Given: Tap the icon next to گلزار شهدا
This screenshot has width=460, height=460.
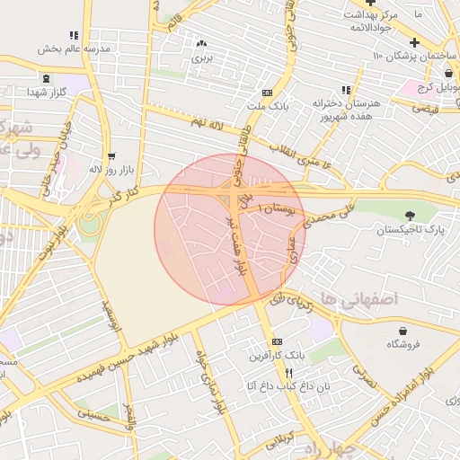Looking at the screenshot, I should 32,92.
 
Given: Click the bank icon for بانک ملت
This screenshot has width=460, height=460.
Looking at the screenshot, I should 267,92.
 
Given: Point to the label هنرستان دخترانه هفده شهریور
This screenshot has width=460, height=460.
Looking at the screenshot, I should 346,110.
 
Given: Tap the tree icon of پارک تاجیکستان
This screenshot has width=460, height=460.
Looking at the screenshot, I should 411,216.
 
